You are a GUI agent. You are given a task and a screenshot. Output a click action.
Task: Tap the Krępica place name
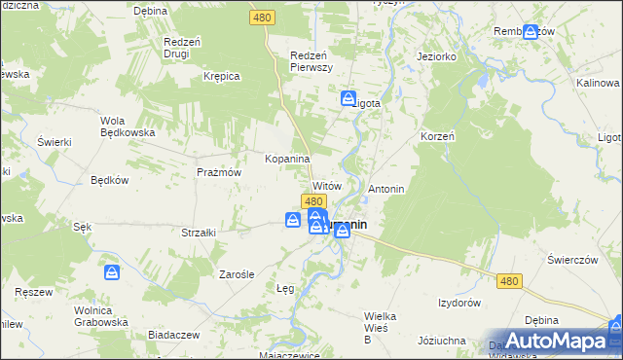[221, 76]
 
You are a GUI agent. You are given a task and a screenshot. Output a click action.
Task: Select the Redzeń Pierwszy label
[313, 61]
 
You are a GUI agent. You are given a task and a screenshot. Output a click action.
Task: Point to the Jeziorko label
[437, 56]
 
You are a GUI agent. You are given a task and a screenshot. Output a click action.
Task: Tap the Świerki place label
[55, 142]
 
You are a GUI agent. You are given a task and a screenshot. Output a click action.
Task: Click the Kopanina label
[287, 159]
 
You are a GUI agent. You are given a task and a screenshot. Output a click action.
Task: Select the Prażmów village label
[218, 171]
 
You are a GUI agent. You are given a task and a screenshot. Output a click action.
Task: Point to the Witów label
[326, 185]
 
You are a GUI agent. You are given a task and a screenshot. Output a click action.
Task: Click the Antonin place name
[386, 188]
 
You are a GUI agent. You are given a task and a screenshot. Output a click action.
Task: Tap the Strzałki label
[199, 233]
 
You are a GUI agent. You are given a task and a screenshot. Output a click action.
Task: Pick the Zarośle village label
[236, 274]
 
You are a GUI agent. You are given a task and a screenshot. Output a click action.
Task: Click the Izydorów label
[459, 303]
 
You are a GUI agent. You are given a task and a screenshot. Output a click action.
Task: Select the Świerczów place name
[571, 259]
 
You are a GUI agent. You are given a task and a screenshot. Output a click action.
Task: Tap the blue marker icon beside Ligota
[348, 98]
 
